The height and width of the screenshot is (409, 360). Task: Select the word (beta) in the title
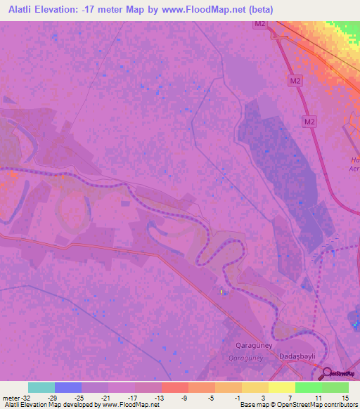[258, 10]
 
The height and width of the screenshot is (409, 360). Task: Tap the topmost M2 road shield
[260, 24]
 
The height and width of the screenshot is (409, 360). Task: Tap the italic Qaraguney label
[247, 357]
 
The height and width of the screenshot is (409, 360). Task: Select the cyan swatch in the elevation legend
[41, 387]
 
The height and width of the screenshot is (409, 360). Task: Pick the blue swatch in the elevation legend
[68, 387]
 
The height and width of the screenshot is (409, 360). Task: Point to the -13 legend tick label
[159, 398]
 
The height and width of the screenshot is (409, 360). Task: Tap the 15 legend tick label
[345, 398]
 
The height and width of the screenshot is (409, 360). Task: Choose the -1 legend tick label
[239, 398]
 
